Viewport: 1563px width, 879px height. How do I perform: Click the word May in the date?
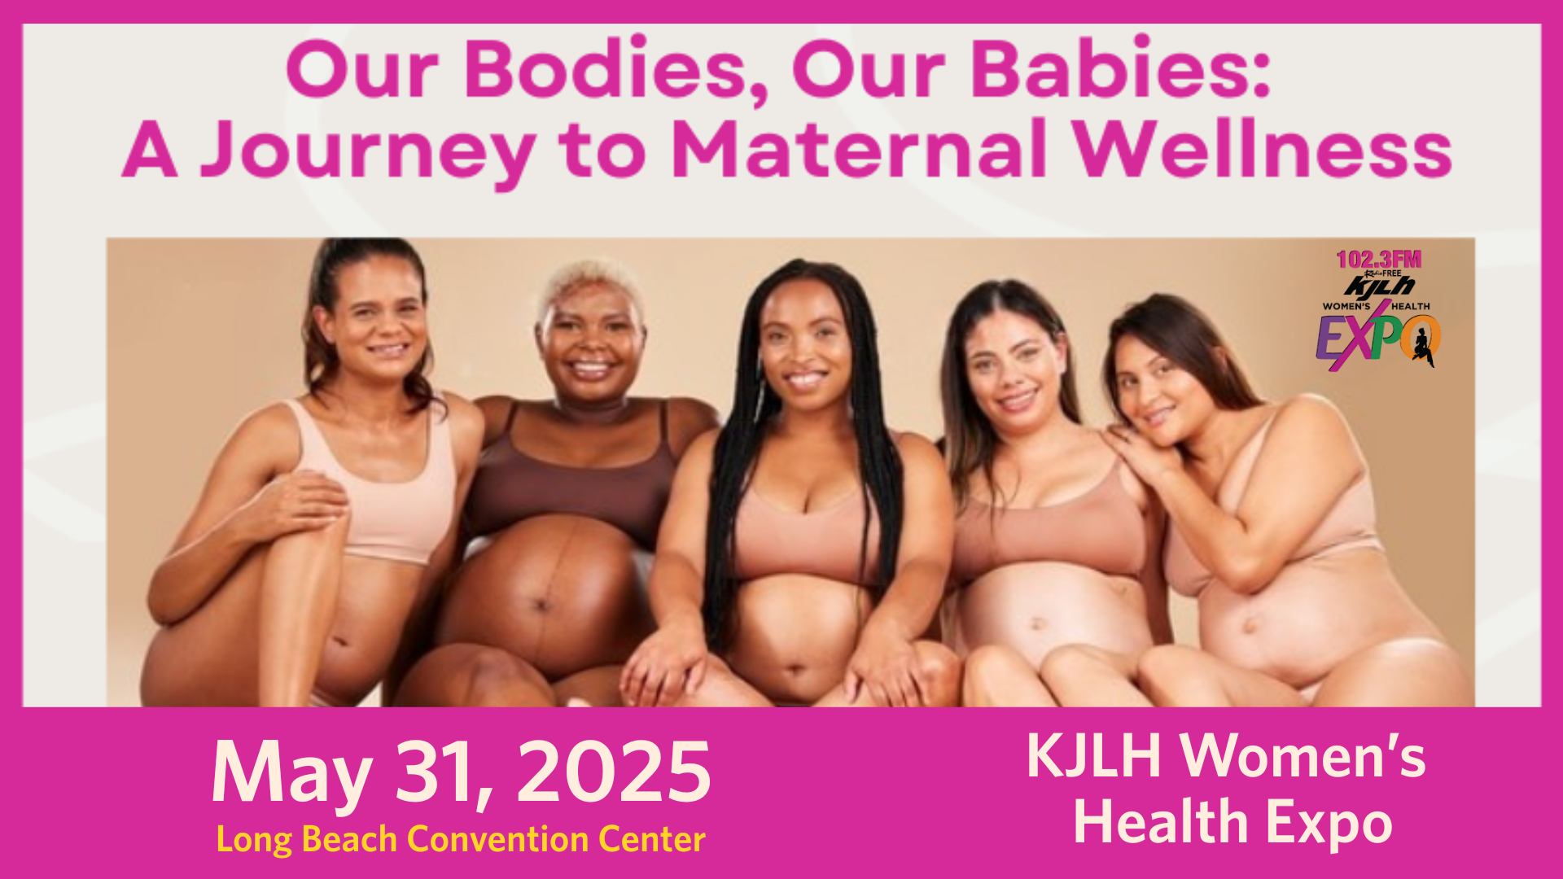[291, 775]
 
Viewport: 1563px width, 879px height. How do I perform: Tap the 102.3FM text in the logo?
[1378, 260]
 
